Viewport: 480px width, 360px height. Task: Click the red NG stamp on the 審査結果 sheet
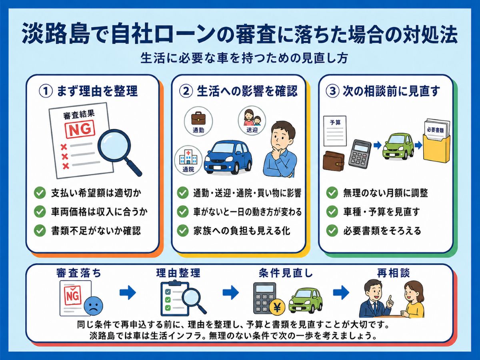pos(80,129)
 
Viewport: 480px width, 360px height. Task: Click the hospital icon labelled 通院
pos(188,157)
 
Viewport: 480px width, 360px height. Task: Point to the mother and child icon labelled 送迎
pos(252,118)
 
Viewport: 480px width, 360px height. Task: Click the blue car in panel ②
pos(228,157)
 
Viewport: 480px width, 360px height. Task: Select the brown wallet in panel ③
pos(334,161)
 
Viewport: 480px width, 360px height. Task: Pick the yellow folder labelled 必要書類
pos(436,145)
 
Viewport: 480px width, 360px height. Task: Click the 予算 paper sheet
pos(335,131)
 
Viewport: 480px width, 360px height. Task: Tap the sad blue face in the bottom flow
pos(93,306)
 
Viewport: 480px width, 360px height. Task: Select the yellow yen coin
pos(277,307)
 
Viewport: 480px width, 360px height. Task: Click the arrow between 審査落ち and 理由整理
pos(128,292)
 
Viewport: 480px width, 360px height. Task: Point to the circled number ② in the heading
pos(186,91)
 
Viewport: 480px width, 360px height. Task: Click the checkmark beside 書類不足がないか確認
pos(40,231)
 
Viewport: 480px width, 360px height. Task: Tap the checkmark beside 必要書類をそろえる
pos(332,231)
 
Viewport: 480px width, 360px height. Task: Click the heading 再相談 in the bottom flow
pos(393,273)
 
